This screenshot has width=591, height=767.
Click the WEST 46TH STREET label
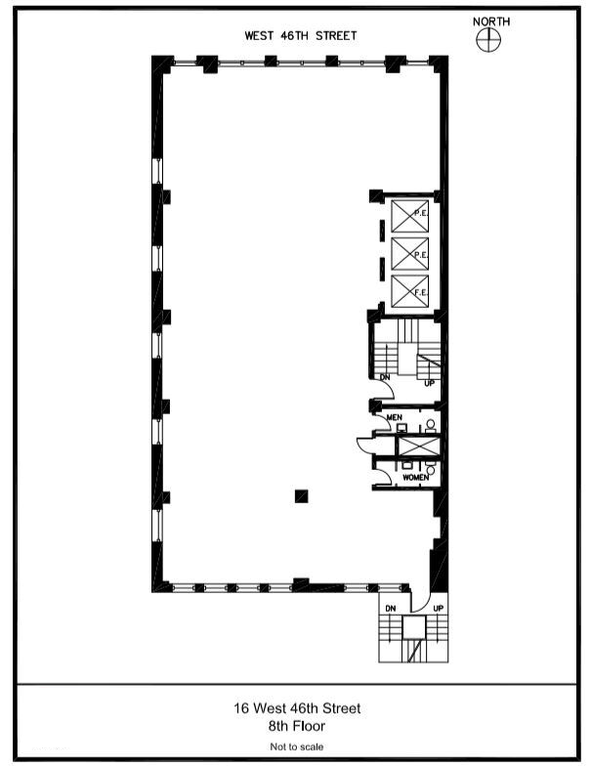301,36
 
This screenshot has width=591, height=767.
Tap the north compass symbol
488,39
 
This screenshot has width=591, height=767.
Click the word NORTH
491,21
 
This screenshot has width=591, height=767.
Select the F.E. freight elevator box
410,291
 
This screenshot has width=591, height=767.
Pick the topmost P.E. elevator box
410,216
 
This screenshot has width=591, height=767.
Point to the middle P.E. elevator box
410,253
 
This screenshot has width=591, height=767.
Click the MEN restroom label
395,417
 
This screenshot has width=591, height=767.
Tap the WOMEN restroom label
415,478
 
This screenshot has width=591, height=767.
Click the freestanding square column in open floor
302,496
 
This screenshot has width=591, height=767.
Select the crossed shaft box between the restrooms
419,447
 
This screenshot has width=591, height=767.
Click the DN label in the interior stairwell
385,377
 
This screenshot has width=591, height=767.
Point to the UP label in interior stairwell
429,383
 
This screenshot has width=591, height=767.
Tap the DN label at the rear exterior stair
391,609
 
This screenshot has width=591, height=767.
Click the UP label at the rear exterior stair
439,609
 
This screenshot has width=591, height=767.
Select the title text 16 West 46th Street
297,708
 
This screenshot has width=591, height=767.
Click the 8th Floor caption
297,726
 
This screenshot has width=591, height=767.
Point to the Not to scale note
297,746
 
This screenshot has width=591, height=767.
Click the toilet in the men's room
431,426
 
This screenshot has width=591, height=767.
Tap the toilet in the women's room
431,468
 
